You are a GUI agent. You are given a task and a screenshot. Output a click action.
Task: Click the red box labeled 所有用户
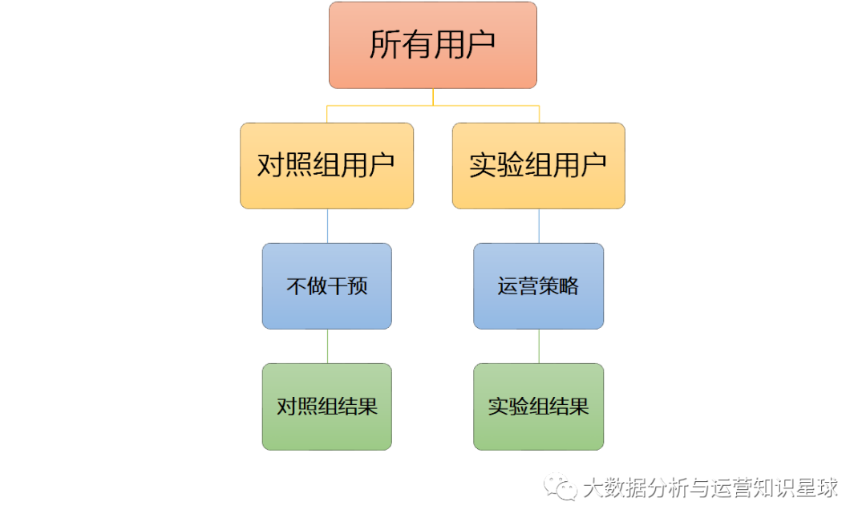433,45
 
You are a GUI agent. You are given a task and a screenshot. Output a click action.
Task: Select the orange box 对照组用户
327,166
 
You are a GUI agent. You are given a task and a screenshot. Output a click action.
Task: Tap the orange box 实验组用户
539,166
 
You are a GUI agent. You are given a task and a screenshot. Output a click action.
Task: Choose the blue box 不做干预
327,286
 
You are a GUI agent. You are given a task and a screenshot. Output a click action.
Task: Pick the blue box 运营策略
539,286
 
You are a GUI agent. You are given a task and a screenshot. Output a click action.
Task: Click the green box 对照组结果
327,407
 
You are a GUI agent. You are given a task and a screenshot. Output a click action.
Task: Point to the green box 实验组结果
539,407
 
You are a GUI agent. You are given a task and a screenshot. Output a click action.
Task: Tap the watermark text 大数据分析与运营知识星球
710,488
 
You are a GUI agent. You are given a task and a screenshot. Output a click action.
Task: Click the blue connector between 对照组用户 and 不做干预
327,226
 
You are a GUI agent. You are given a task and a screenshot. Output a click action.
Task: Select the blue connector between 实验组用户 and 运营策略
539,226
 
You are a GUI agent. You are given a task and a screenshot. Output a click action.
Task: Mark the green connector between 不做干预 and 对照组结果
327,346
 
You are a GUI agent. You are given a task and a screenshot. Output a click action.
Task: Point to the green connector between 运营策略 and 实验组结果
539,346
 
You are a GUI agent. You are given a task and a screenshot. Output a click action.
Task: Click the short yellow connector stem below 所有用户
433,97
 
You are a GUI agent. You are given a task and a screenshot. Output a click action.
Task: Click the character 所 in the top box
385,45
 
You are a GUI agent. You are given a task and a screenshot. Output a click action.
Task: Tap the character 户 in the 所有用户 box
480,45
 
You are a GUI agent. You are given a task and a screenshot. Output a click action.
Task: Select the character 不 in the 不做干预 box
297,286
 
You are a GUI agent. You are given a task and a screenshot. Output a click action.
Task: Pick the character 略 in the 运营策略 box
569,286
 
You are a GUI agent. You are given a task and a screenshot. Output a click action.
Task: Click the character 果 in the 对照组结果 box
368,407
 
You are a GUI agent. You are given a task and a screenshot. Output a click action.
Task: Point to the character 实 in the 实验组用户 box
484,166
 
